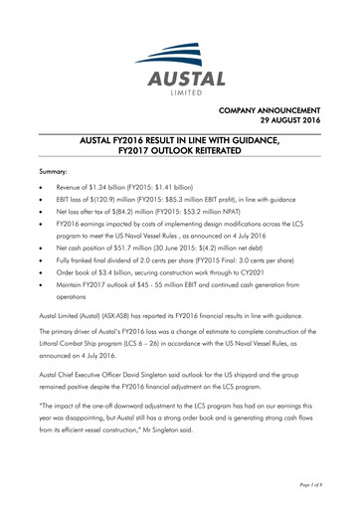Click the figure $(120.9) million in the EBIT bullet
(x=110, y=200)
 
